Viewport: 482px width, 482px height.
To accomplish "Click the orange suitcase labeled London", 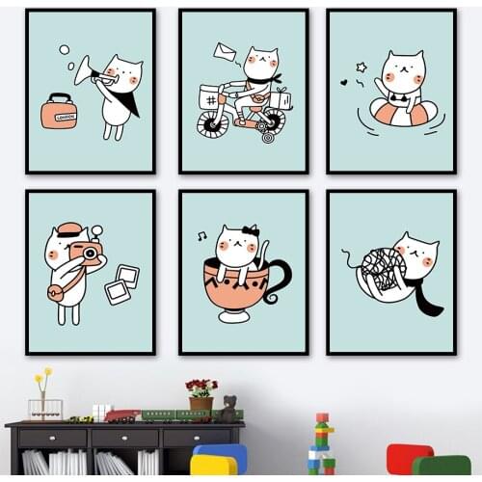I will tap(59, 113).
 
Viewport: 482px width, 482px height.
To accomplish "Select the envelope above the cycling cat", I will tap(226, 51).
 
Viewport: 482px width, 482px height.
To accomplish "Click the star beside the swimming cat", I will tap(361, 67).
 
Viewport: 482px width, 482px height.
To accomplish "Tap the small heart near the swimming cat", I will tap(344, 82).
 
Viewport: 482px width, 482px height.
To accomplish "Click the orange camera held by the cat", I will tap(88, 253).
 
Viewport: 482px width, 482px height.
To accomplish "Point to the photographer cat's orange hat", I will tap(68, 229).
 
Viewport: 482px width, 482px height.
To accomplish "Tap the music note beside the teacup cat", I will tap(201, 235).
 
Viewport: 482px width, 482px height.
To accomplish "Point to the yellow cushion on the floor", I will tap(213, 465).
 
